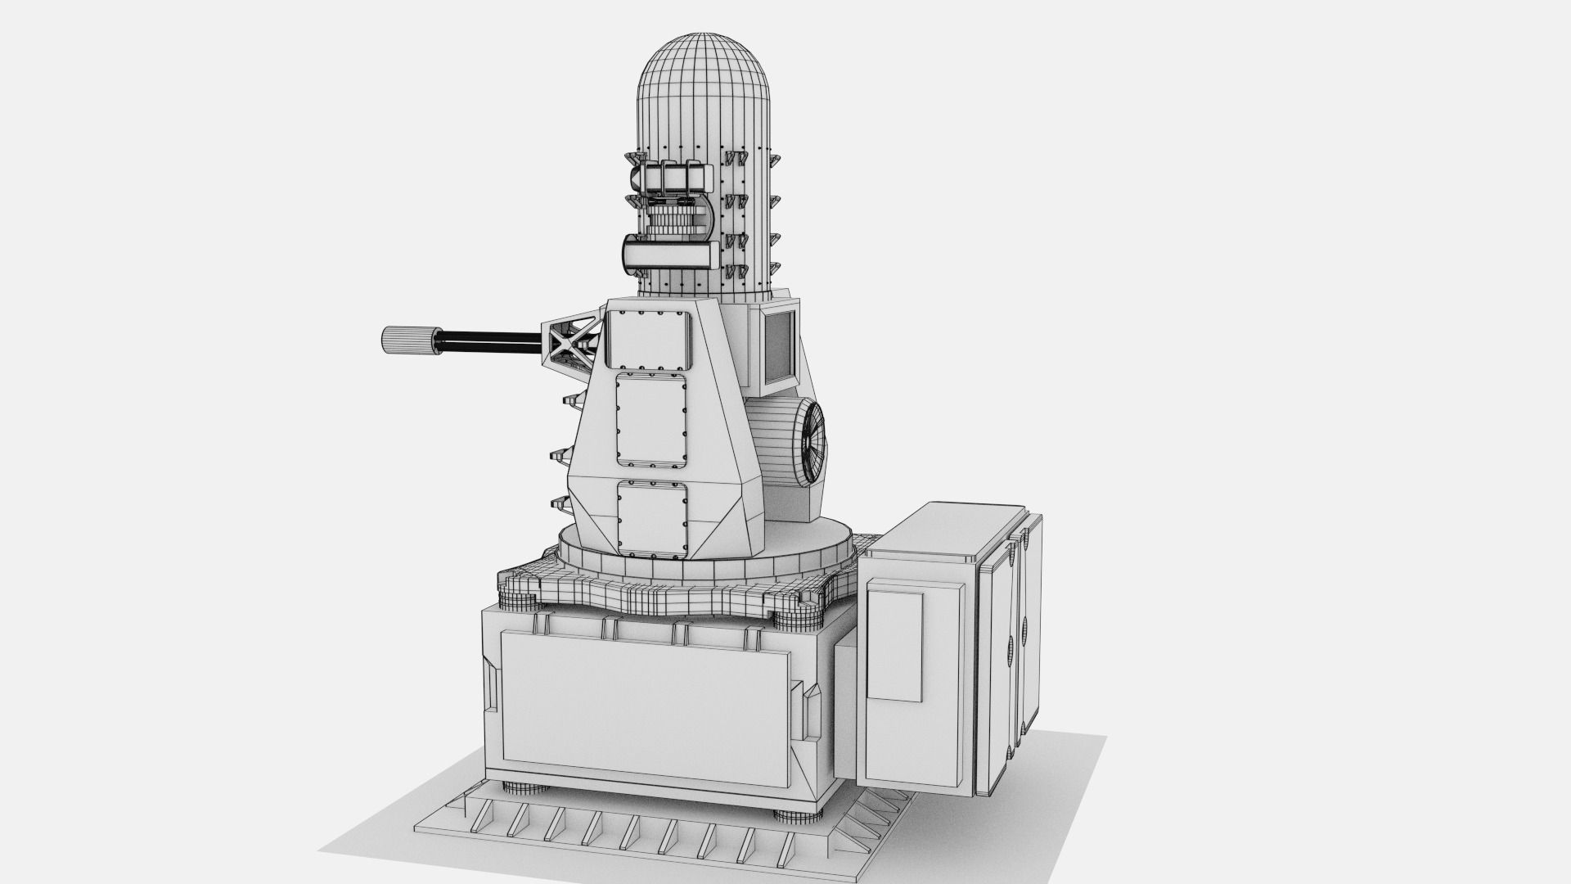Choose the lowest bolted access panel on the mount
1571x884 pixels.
point(652,519)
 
